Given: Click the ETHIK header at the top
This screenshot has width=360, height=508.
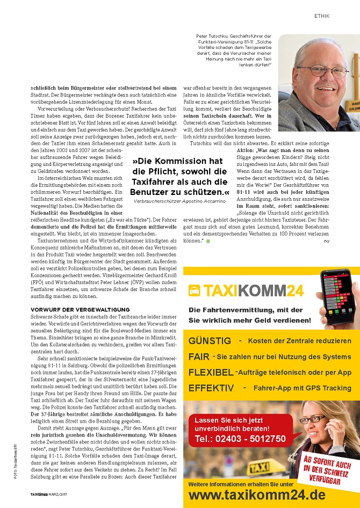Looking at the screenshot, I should point(321,16).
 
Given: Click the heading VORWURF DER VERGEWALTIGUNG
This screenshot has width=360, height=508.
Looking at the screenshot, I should point(80,310).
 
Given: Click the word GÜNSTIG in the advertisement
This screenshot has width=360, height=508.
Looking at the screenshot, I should point(210,341).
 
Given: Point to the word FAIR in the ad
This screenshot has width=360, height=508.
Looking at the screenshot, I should point(199,357).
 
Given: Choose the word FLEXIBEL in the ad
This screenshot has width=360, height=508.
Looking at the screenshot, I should point(211,372).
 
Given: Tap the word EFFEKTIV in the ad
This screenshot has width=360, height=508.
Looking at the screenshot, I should point(211,388).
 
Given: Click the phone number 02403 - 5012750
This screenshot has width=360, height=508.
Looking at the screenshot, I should point(240,439).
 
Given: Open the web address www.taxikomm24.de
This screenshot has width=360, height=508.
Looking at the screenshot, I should point(257,495).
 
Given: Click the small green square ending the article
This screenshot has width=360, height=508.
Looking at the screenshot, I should point(208,241).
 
